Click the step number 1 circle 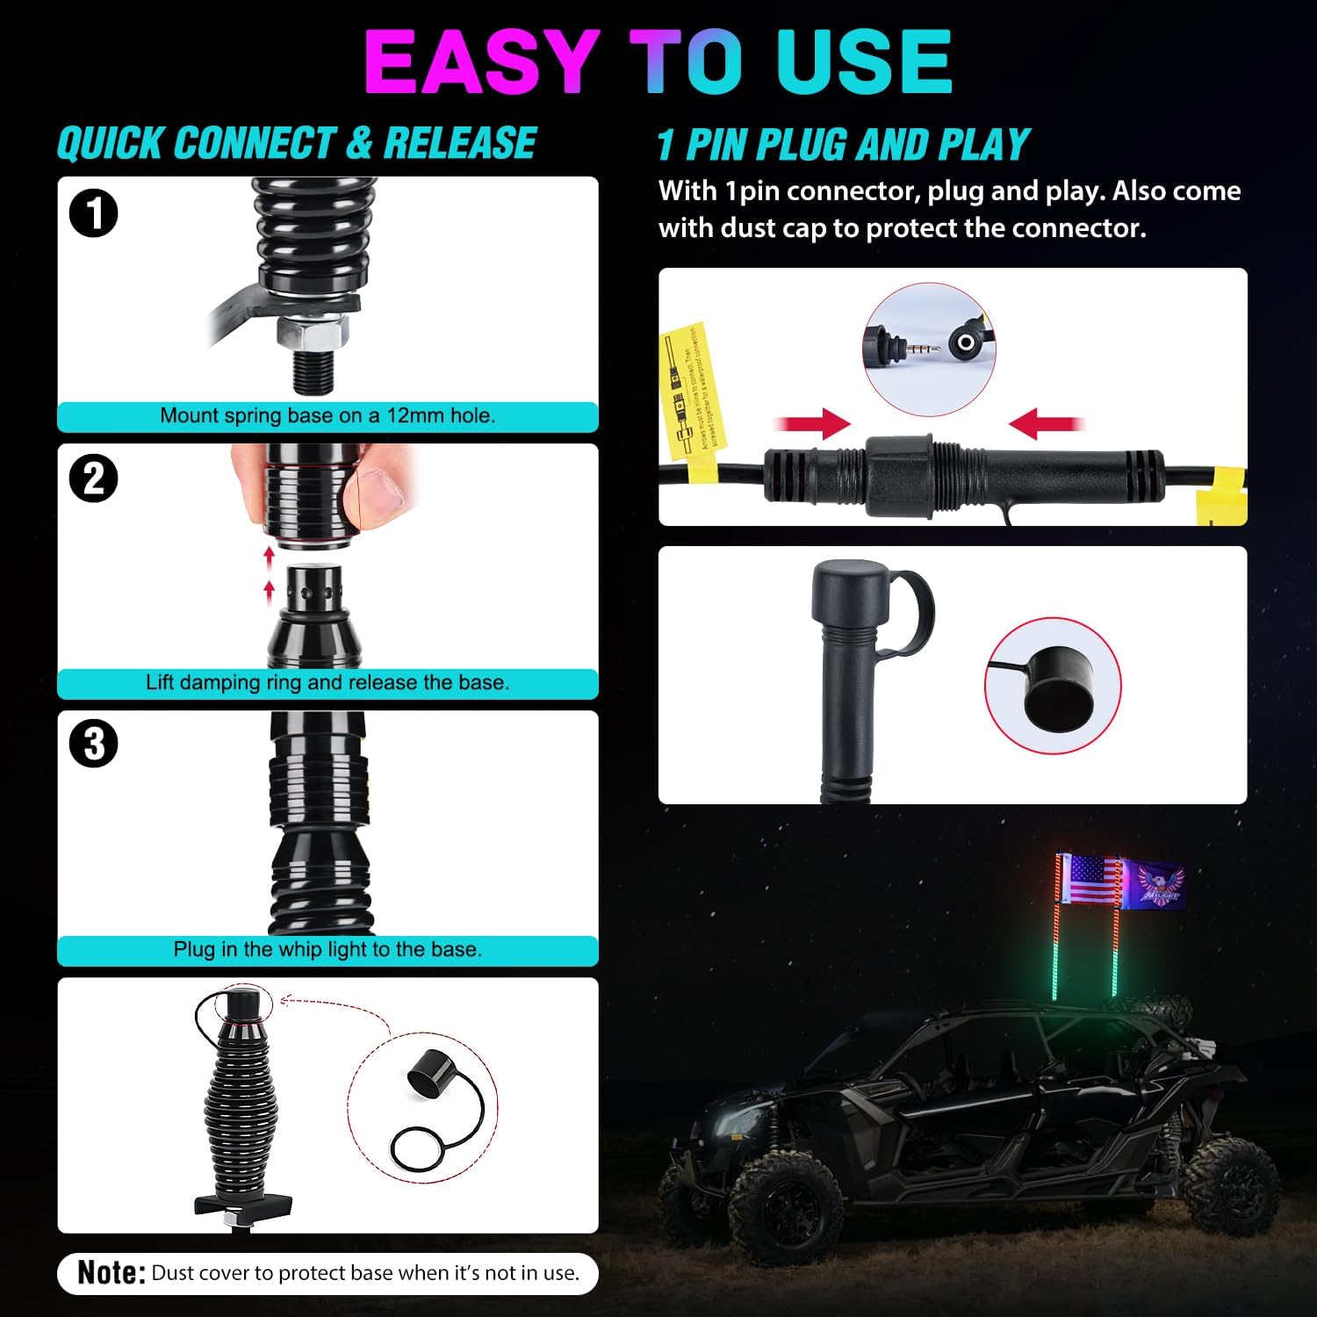tap(93, 213)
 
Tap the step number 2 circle tap(93, 479)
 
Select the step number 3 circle tap(93, 745)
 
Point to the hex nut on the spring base tap(313, 333)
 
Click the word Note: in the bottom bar tap(111, 1272)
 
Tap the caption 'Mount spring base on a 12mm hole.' tap(327, 416)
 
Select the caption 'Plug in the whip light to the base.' tap(327, 949)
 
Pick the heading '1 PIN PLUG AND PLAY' tap(843, 145)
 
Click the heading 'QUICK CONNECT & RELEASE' tap(297, 144)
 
